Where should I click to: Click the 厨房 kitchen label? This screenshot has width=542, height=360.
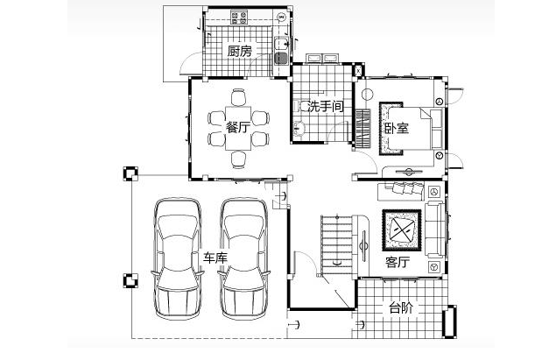[240, 52]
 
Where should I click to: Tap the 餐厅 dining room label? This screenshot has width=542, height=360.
[238, 127]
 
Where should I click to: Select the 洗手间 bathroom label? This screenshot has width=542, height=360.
[326, 106]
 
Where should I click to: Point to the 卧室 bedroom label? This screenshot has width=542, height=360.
[397, 128]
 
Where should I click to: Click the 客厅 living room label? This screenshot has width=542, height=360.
[398, 262]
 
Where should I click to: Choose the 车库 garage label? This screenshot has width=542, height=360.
[215, 258]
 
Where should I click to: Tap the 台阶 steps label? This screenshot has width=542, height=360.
[401, 307]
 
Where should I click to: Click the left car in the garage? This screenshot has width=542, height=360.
[178, 258]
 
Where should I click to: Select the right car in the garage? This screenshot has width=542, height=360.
[244, 258]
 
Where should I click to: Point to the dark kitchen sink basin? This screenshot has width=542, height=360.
[281, 58]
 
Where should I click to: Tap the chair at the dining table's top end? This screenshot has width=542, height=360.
[238, 97]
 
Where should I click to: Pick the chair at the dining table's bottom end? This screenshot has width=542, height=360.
[238, 159]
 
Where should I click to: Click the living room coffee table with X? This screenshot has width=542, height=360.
[402, 229]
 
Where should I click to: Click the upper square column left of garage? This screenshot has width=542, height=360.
[130, 173]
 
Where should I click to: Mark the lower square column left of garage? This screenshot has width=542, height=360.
[130, 281]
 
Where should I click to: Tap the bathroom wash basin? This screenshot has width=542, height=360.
[299, 128]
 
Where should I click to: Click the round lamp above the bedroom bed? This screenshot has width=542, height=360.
[367, 94]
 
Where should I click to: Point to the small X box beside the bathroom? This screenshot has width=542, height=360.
[358, 71]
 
